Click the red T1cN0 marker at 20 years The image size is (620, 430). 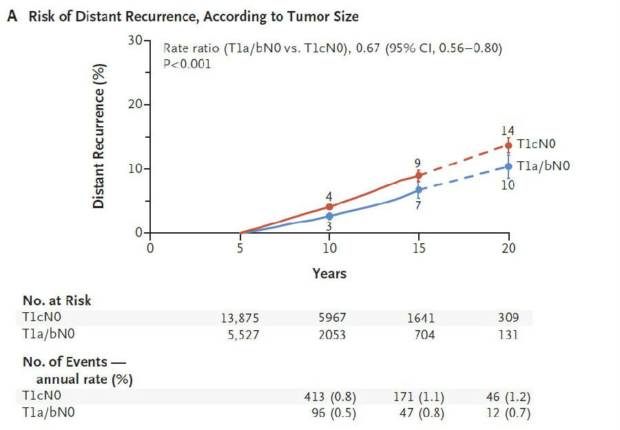pos(508,145)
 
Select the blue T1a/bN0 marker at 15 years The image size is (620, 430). pos(419,190)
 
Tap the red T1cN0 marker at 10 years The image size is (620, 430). pos(329,207)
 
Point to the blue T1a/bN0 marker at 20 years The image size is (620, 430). pos(508,166)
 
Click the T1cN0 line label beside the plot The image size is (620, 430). pos(536,144)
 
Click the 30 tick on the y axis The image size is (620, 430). pos(134,41)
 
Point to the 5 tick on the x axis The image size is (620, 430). pos(240,247)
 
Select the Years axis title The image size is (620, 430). pos(329,274)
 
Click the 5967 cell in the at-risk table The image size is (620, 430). pos(329,318)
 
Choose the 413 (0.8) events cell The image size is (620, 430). pos(329,397)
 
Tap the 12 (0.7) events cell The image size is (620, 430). pos(508,413)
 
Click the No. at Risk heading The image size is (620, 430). pos(56,300)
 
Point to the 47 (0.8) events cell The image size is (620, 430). pos(419,413)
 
